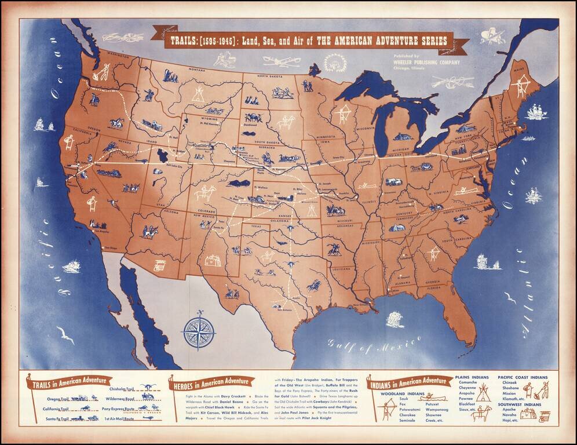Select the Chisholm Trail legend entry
click(122, 389)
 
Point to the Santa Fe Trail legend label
click(57, 418)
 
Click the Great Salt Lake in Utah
click(162, 155)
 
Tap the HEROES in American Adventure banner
click(211, 382)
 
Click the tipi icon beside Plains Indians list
click(483, 392)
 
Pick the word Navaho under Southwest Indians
click(510, 415)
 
